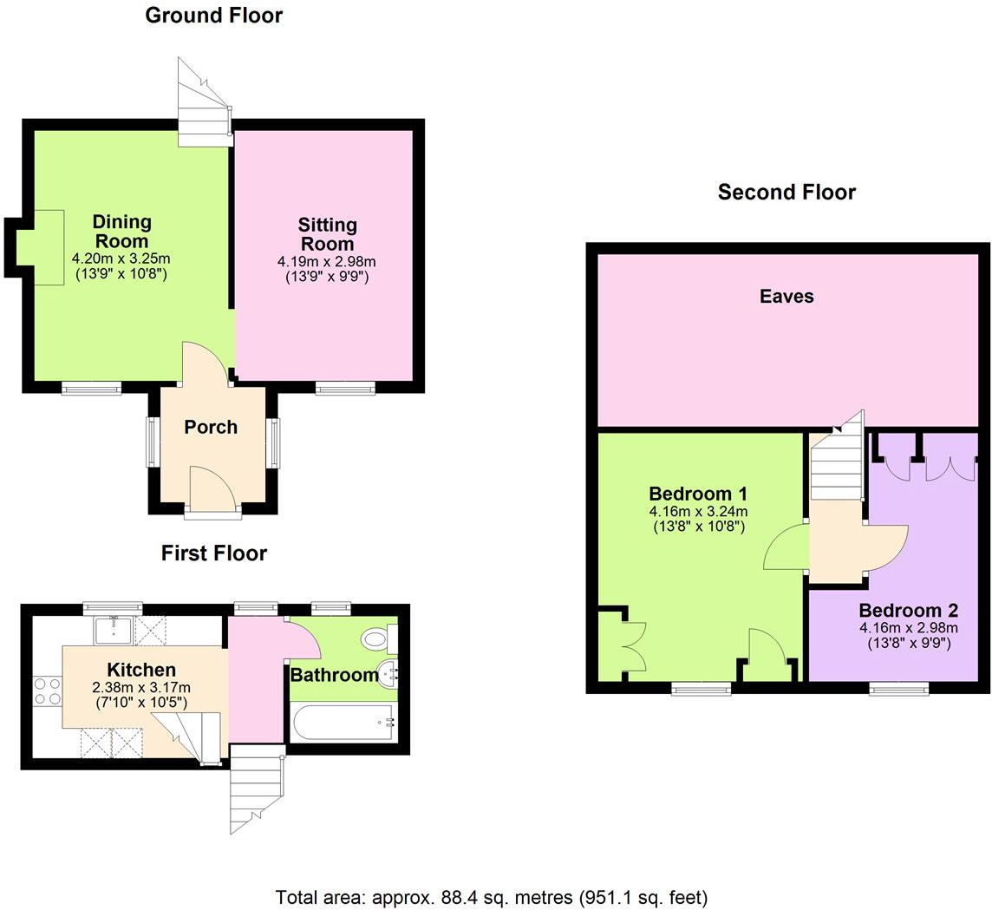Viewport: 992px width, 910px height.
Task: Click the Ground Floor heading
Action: pos(213,15)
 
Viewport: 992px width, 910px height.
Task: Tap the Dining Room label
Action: pos(121,230)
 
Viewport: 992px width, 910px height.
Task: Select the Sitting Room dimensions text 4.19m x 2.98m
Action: pos(327,261)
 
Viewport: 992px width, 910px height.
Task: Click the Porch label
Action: pos(211,427)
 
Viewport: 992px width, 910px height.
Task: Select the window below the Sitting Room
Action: pos(345,389)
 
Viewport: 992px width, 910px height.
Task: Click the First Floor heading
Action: pos(213,553)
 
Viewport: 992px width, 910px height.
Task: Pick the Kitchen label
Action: pos(141,670)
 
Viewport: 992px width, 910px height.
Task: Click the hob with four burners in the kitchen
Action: pos(48,690)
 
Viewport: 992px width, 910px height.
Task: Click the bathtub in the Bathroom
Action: pos(343,720)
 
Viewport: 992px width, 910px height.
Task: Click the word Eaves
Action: pos(786,297)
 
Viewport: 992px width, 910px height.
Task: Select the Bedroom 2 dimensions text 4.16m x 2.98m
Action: pos(908,628)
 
